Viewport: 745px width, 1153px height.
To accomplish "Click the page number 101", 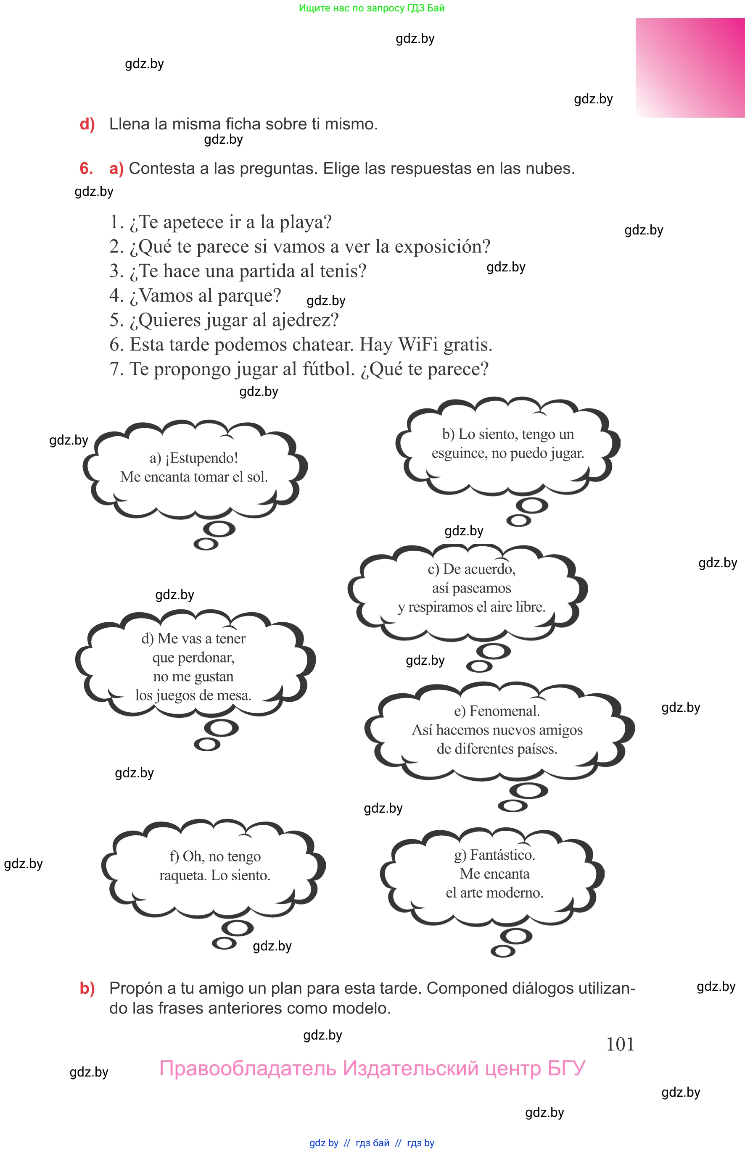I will click(x=620, y=1044).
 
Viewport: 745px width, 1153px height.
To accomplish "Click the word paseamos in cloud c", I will click(x=471, y=588).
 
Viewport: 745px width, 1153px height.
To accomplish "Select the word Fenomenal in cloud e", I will click(x=504, y=711).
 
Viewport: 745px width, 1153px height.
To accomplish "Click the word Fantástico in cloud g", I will click(x=502, y=855).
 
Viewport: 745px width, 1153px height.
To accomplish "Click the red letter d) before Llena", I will click(x=87, y=124).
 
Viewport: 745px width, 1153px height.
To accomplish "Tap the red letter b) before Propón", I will click(x=87, y=988).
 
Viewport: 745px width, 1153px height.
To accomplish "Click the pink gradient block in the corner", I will click(x=690, y=68).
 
